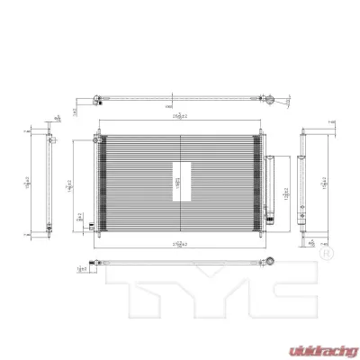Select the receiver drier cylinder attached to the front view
pos(267,185)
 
